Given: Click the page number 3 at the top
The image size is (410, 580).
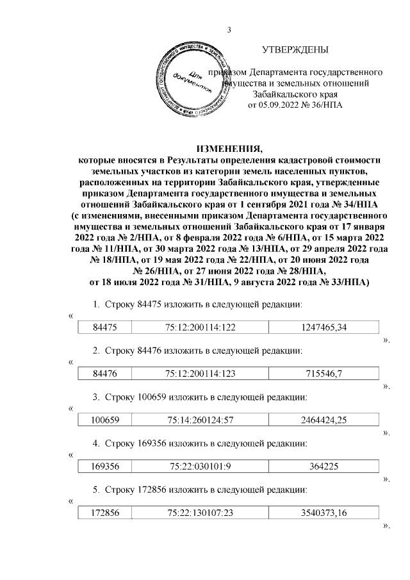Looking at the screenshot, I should tap(229, 29).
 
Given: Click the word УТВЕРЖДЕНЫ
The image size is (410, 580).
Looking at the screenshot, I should tap(295, 50).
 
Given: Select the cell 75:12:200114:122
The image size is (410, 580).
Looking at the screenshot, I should tap(201, 327).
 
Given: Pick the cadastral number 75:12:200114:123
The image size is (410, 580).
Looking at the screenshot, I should tap(201, 374).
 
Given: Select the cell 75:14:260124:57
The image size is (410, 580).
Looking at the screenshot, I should tap(201, 420).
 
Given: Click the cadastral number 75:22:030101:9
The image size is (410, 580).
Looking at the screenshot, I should tap(201, 466).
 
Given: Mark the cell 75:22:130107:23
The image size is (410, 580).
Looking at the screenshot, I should tap(201, 512).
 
